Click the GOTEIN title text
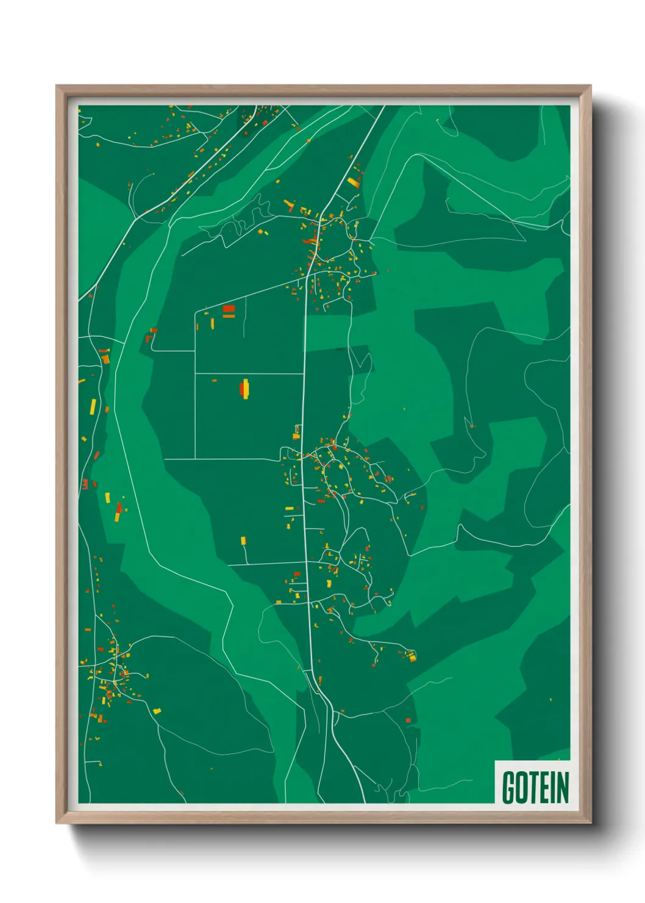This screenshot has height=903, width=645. click(535, 787)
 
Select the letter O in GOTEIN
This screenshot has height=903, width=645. click(522, 787)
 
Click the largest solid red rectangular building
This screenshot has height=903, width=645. click(229, 309)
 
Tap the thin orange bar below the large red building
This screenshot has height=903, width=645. click(229, 316)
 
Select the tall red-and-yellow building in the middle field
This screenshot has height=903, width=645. click(245, 388)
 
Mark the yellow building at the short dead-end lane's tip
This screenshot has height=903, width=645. click(243, 540)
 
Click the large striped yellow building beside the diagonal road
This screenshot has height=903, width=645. click(354, 181)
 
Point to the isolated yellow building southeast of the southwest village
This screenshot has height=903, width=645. click(157, 711)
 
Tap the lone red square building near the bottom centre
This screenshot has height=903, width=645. click(408, 721)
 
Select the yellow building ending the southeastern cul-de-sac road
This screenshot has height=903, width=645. click(412, 656)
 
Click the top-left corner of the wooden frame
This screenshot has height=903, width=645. click(57, 86)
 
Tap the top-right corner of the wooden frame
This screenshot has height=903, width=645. click(590, 86)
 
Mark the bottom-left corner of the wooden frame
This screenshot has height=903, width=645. click(57, 823)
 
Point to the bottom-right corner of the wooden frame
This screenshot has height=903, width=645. click(590, 823)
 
